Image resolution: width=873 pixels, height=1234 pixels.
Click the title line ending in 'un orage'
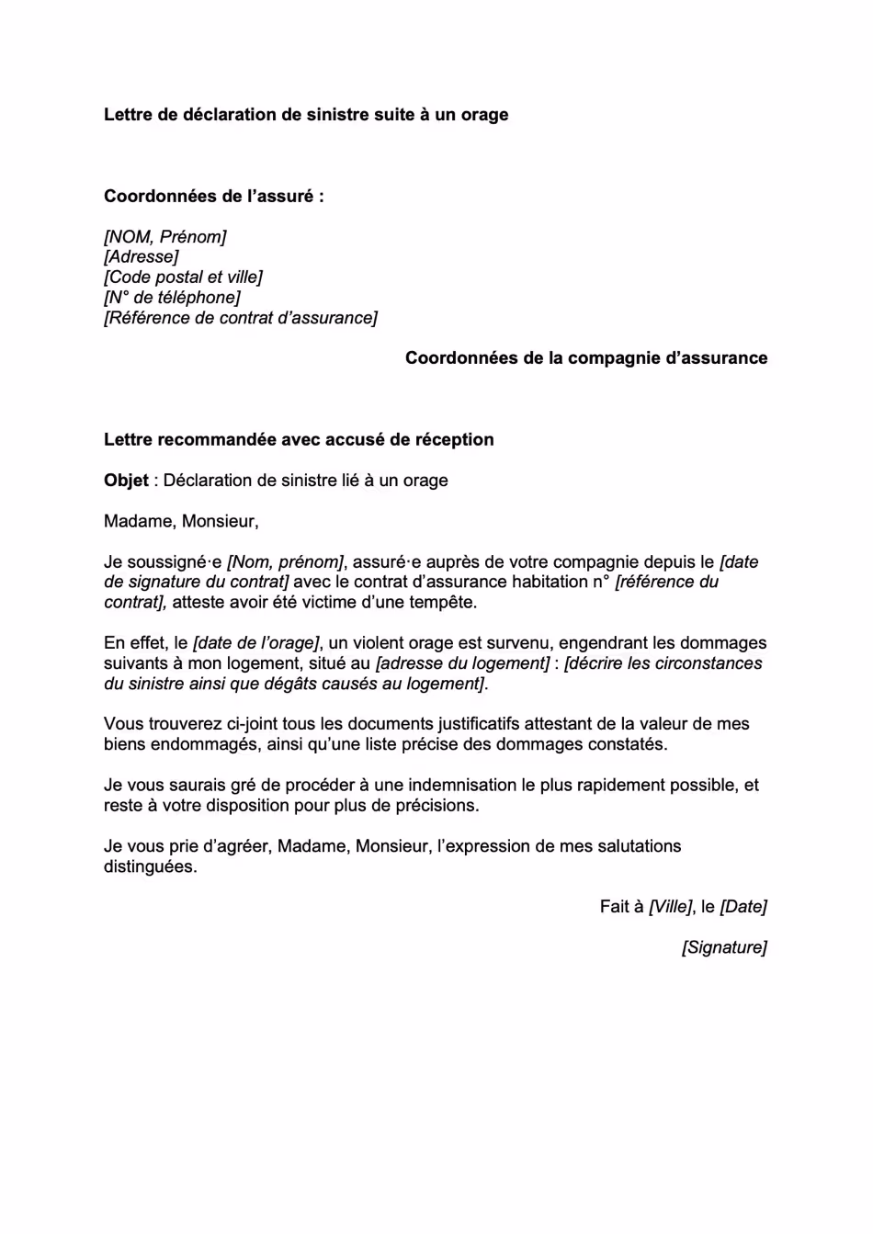pyautogui.click(x=306, y=115)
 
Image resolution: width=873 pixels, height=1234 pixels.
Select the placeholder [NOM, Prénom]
pyautogui.click(x=165, y=237)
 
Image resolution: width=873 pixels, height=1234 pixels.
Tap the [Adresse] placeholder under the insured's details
pyautogui.click(x=142, y=257)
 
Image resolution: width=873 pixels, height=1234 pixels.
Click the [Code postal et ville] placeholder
pyautogui.click(x=183, y=277)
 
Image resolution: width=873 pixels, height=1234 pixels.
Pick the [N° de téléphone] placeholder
pyautogui.click(x=172, y=298)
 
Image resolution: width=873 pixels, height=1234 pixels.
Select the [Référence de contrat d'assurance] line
pyautogui.click(x=241, y=318)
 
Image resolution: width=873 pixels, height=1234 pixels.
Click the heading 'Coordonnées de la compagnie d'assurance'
pyautogui.click(x=586, y=358)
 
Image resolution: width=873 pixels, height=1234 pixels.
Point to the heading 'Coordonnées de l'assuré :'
pyautogui.click(x=213, y=197)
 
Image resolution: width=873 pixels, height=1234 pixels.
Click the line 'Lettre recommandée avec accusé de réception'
pyautogui.click(x=299, y=439)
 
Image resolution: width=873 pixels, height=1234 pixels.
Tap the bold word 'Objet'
pyautogui.click(x=126, y=481)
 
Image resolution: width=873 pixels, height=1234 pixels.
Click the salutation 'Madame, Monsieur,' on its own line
pyautogui.click(x=181, y=521)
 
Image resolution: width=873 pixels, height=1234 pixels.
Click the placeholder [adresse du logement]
pyautogui.click(x=463, y=663)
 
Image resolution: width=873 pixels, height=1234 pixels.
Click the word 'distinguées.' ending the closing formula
pyautogui.click(x=150, y=866)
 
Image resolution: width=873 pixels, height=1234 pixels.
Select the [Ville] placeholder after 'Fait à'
pyautogui.click(x=671, y=907)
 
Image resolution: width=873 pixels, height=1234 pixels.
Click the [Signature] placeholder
pyautogui.click(x=724, y=947)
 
